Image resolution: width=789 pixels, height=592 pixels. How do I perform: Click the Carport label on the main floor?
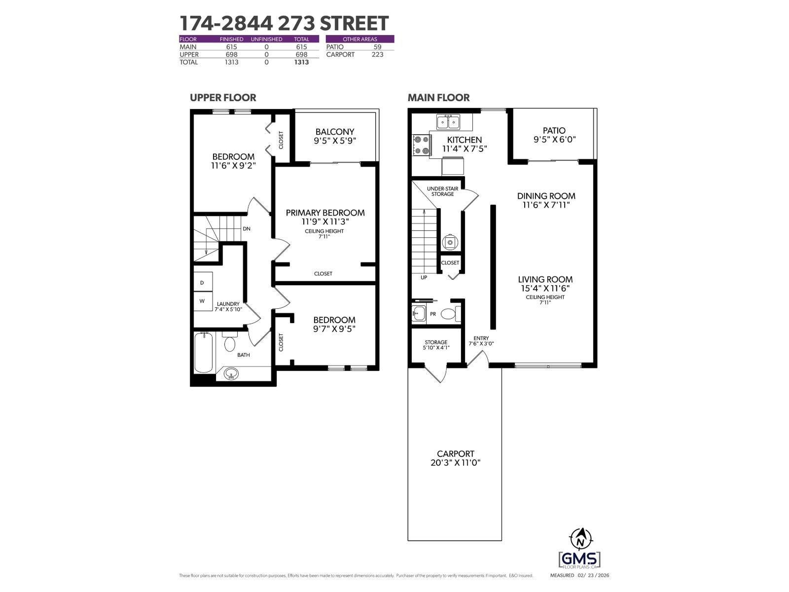(455, 454)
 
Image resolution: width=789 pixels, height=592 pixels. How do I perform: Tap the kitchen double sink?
(448, 121)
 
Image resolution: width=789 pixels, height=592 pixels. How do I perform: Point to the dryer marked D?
(203, 283)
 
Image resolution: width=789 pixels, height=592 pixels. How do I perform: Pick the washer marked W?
(203, 301)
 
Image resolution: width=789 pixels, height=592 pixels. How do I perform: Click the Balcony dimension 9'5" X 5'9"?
(335, 141)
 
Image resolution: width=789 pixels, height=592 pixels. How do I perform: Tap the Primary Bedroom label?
(325, 213)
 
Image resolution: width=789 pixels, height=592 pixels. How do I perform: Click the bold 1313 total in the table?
(301, 62)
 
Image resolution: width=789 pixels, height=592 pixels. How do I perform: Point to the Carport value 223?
(377, 54)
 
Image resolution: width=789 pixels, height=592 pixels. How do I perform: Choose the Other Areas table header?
(359, 39)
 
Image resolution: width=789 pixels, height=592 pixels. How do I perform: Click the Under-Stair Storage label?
(442, 191)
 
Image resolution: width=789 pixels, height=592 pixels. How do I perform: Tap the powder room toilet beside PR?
(449, 313)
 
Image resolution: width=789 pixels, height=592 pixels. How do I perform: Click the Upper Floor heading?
(223, 98)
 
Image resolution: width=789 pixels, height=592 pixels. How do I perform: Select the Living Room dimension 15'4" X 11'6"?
(545, 288)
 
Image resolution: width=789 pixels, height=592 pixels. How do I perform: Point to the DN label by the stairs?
(247, 229)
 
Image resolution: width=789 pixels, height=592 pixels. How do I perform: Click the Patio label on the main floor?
(554, 131)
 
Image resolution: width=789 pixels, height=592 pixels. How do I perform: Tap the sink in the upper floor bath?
(231, 374)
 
